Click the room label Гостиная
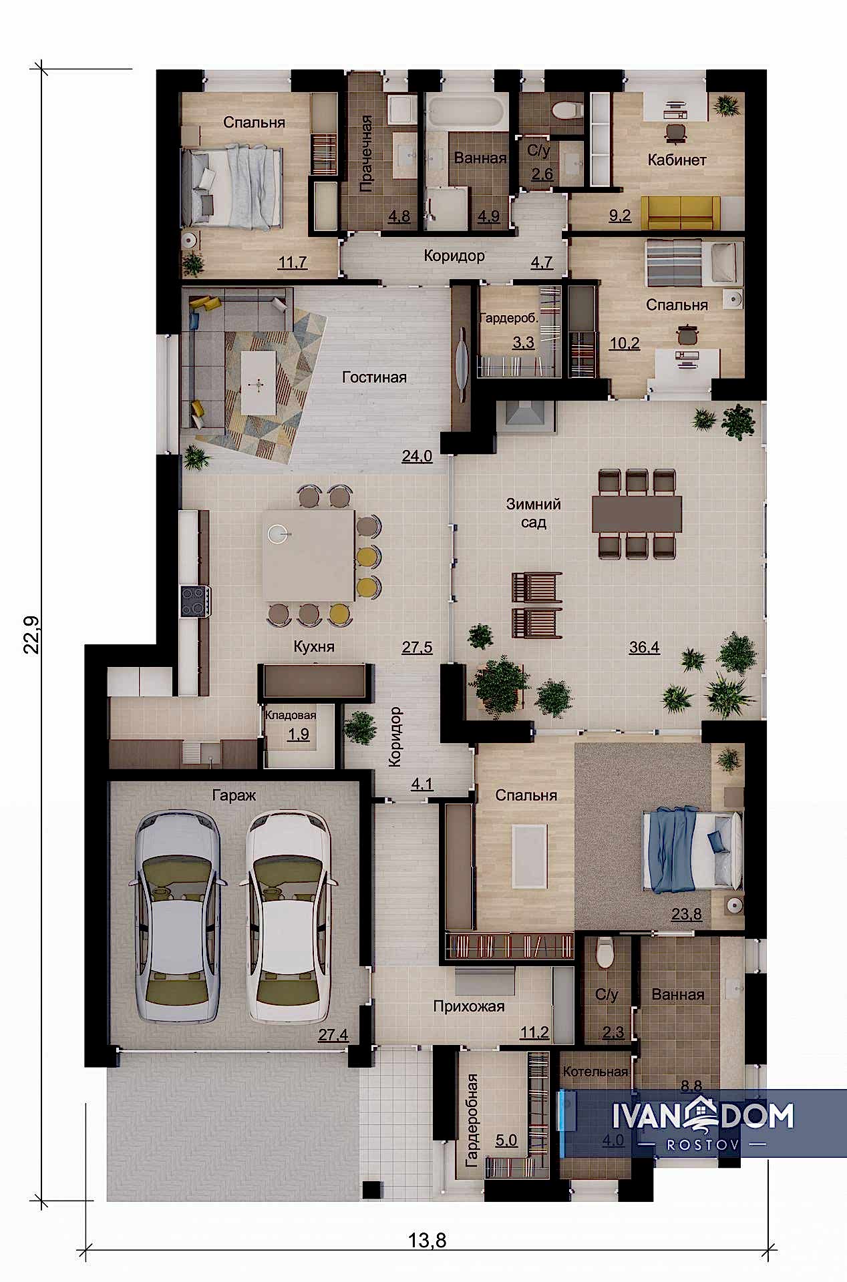[x=374, y=377]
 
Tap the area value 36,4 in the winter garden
[x=644, y=646]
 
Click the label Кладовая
[x=291, y=715]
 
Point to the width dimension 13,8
[x=428, y=1241]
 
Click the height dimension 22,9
[x=33, y=635]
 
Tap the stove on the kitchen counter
[x=196, y=600]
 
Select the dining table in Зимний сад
[x=637, y=514]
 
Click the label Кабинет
[x=677, y=160]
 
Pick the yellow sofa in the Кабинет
[x=681, y=212]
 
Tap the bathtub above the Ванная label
[x=466, y=112]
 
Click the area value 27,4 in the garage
[x=333, y=1035]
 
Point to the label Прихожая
[x=469, y=1006]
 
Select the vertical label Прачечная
[x=366, y=154]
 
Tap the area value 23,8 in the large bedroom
[x=686, y=914]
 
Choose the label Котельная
[x=595, y=1072]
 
